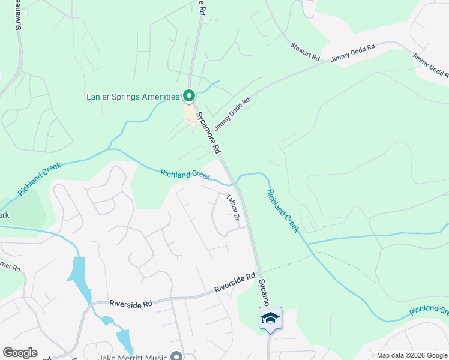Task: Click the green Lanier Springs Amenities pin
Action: click(189, 96)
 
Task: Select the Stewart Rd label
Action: click(305, 51)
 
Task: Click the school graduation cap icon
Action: click(270, 317)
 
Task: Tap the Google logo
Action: click(20, 353)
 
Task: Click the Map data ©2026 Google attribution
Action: click(412, 355)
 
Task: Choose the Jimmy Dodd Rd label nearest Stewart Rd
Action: click(352, 55)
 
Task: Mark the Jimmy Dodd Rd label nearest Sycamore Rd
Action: click(232, 109)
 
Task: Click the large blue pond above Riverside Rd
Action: click(78, 273)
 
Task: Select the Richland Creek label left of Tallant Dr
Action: click(185, 175)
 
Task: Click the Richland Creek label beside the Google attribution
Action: click(429, 310)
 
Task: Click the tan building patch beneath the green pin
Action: click(190, 112)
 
